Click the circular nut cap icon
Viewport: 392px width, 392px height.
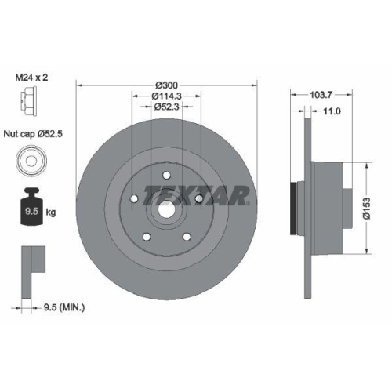(x=27, y=161)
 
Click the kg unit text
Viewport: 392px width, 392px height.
(x=51, y=212)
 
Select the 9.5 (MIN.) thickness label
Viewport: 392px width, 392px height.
(x=63, y=308)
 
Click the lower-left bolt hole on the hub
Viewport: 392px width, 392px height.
(x=145, y=235)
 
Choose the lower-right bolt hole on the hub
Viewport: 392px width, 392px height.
(x=186, y=235)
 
